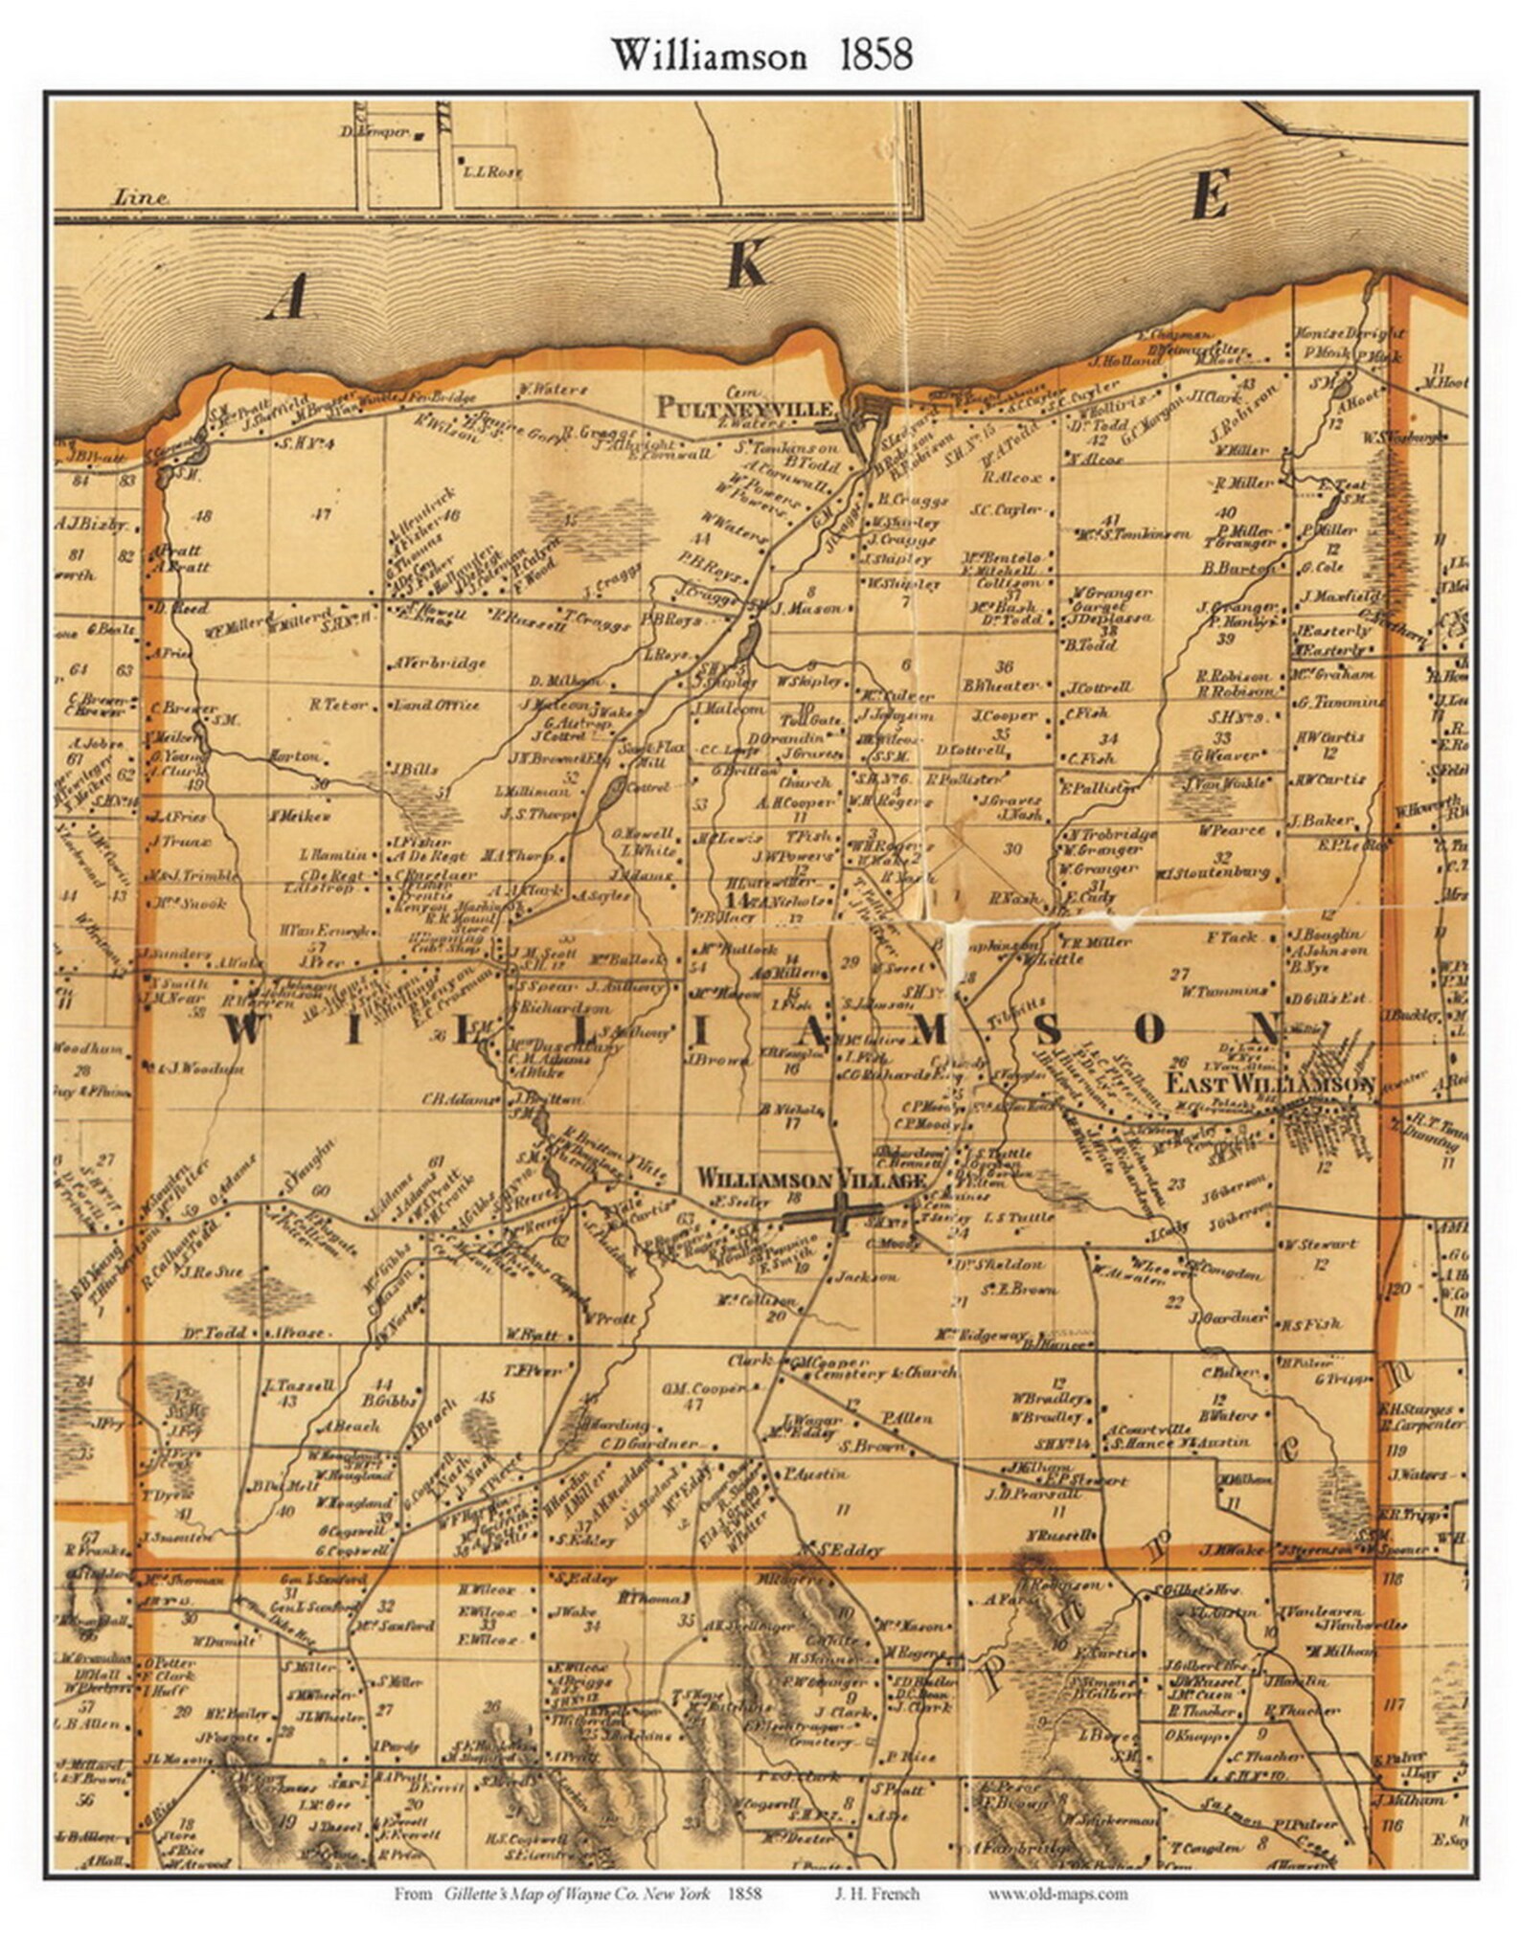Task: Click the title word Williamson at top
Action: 709,56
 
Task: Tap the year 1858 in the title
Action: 875,56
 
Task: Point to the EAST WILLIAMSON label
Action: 1270,1085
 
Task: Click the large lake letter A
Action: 285,299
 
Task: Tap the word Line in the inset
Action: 141,198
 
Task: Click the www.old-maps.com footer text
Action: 1057,1893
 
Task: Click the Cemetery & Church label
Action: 885,1373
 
